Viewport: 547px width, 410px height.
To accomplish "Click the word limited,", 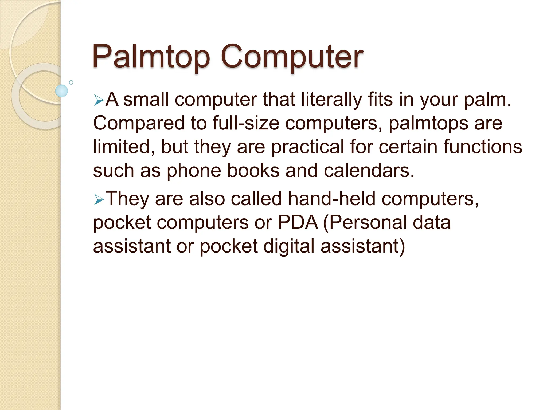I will tap(124, 147).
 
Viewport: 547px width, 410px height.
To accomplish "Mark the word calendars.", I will tap(369, 171).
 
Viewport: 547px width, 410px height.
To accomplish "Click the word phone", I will tap(194, 171).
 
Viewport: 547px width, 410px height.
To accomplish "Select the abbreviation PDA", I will tap(298, 222).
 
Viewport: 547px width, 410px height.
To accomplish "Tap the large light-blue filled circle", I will tap(61, 91).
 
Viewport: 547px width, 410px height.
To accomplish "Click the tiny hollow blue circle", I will tap(71, 82).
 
